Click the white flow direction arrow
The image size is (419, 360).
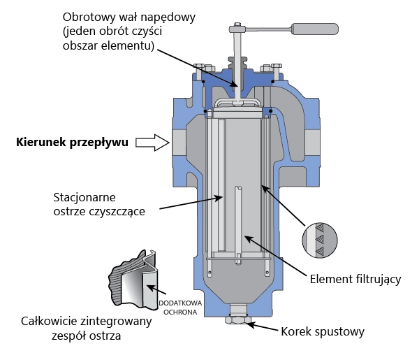coord(152,143)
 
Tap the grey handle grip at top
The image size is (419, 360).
coord(314,29)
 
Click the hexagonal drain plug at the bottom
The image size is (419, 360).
coord(238,319)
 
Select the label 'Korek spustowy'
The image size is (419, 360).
coord(323,331)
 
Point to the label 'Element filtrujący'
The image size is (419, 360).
coord(355,279)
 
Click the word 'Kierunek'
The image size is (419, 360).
coord(41,142)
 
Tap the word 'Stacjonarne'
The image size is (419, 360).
coord(84,197)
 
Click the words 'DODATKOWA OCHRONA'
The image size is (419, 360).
coord(180,308)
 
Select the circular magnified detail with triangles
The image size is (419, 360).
coord(320,240)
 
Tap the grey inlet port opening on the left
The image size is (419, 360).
coord(179,143)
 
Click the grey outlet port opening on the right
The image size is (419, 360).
coord(312,143)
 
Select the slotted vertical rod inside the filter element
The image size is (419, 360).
coord(238,225)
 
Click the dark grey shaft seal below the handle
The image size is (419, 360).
coord(237,64)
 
